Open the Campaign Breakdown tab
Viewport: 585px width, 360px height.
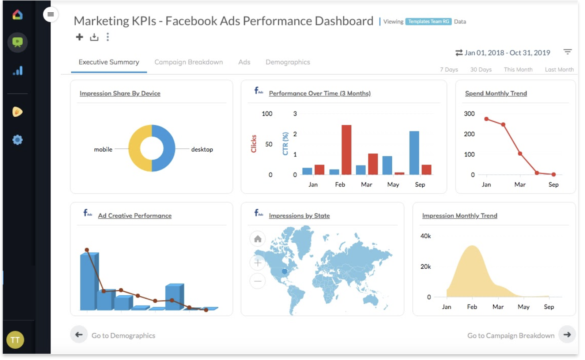pos(188,62)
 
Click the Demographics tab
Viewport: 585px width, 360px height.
pos(288,62)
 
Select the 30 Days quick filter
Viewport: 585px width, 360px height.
pos(480,69)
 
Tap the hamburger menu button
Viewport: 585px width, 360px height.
pos(50,15)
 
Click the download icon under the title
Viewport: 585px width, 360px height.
pos(94,37)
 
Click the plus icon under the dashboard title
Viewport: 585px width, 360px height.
pos(79,37)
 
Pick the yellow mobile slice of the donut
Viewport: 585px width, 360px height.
pos(135,148)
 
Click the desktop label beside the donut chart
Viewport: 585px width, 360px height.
pos(202,149)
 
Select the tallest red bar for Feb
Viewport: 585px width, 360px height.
pos(346,150)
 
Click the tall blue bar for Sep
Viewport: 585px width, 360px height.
pos(414,153)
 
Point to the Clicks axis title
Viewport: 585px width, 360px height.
pos(254,144)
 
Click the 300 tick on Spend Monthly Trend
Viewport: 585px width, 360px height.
pos(469,114)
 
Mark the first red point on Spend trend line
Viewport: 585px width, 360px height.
pos(486,119)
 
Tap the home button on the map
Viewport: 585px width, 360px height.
pos(258,239)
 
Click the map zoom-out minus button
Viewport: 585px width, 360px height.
pos(258,281)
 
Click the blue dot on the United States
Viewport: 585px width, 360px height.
pos(284,271)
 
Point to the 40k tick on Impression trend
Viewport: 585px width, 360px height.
pos(426,236)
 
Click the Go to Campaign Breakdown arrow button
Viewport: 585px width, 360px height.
pos(567,334)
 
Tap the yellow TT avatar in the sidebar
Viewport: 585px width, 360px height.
pos(15,340)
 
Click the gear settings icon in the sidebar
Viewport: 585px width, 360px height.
pos(17,140)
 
